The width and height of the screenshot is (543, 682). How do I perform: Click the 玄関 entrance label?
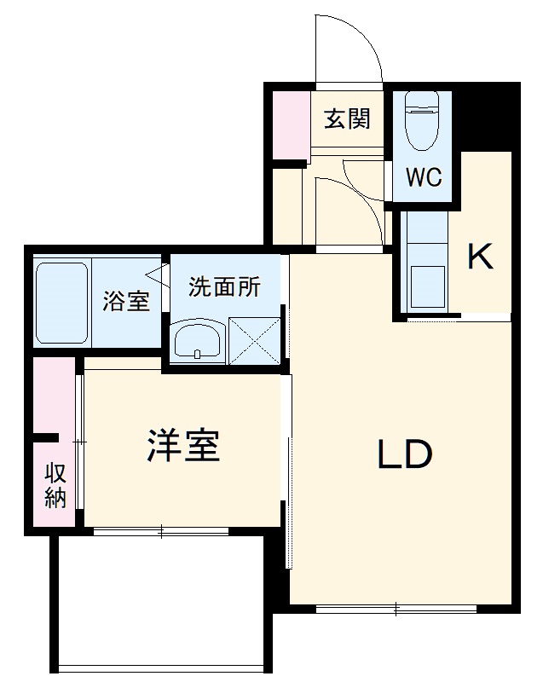(x=347, y=118)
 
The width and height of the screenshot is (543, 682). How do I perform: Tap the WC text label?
(x=423, y=178)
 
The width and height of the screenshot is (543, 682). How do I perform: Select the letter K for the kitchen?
(x=480, y=256)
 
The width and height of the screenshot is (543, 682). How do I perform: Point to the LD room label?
(x=406, y=455)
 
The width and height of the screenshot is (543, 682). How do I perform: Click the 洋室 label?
(x=183, y=445)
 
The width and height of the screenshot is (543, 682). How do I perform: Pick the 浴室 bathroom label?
(x=126, y=301)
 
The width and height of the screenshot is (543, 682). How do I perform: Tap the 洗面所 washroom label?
(x=225, y=287)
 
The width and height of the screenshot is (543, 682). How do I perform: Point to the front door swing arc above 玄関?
(x=345, y=47)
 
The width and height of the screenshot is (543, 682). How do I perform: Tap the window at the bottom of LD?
(x=396, y=609)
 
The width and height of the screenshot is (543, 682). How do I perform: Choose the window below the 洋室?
(x=162, y=533)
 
